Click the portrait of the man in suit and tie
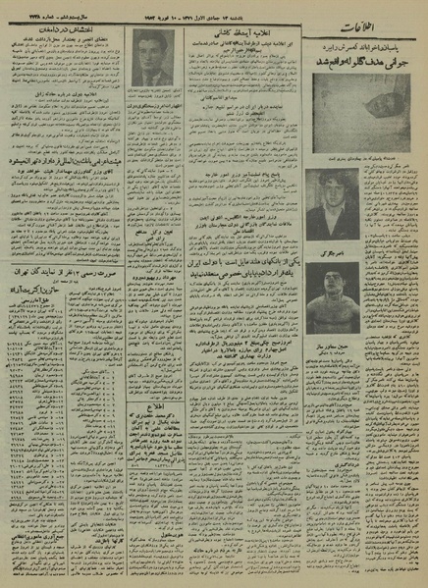153,60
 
